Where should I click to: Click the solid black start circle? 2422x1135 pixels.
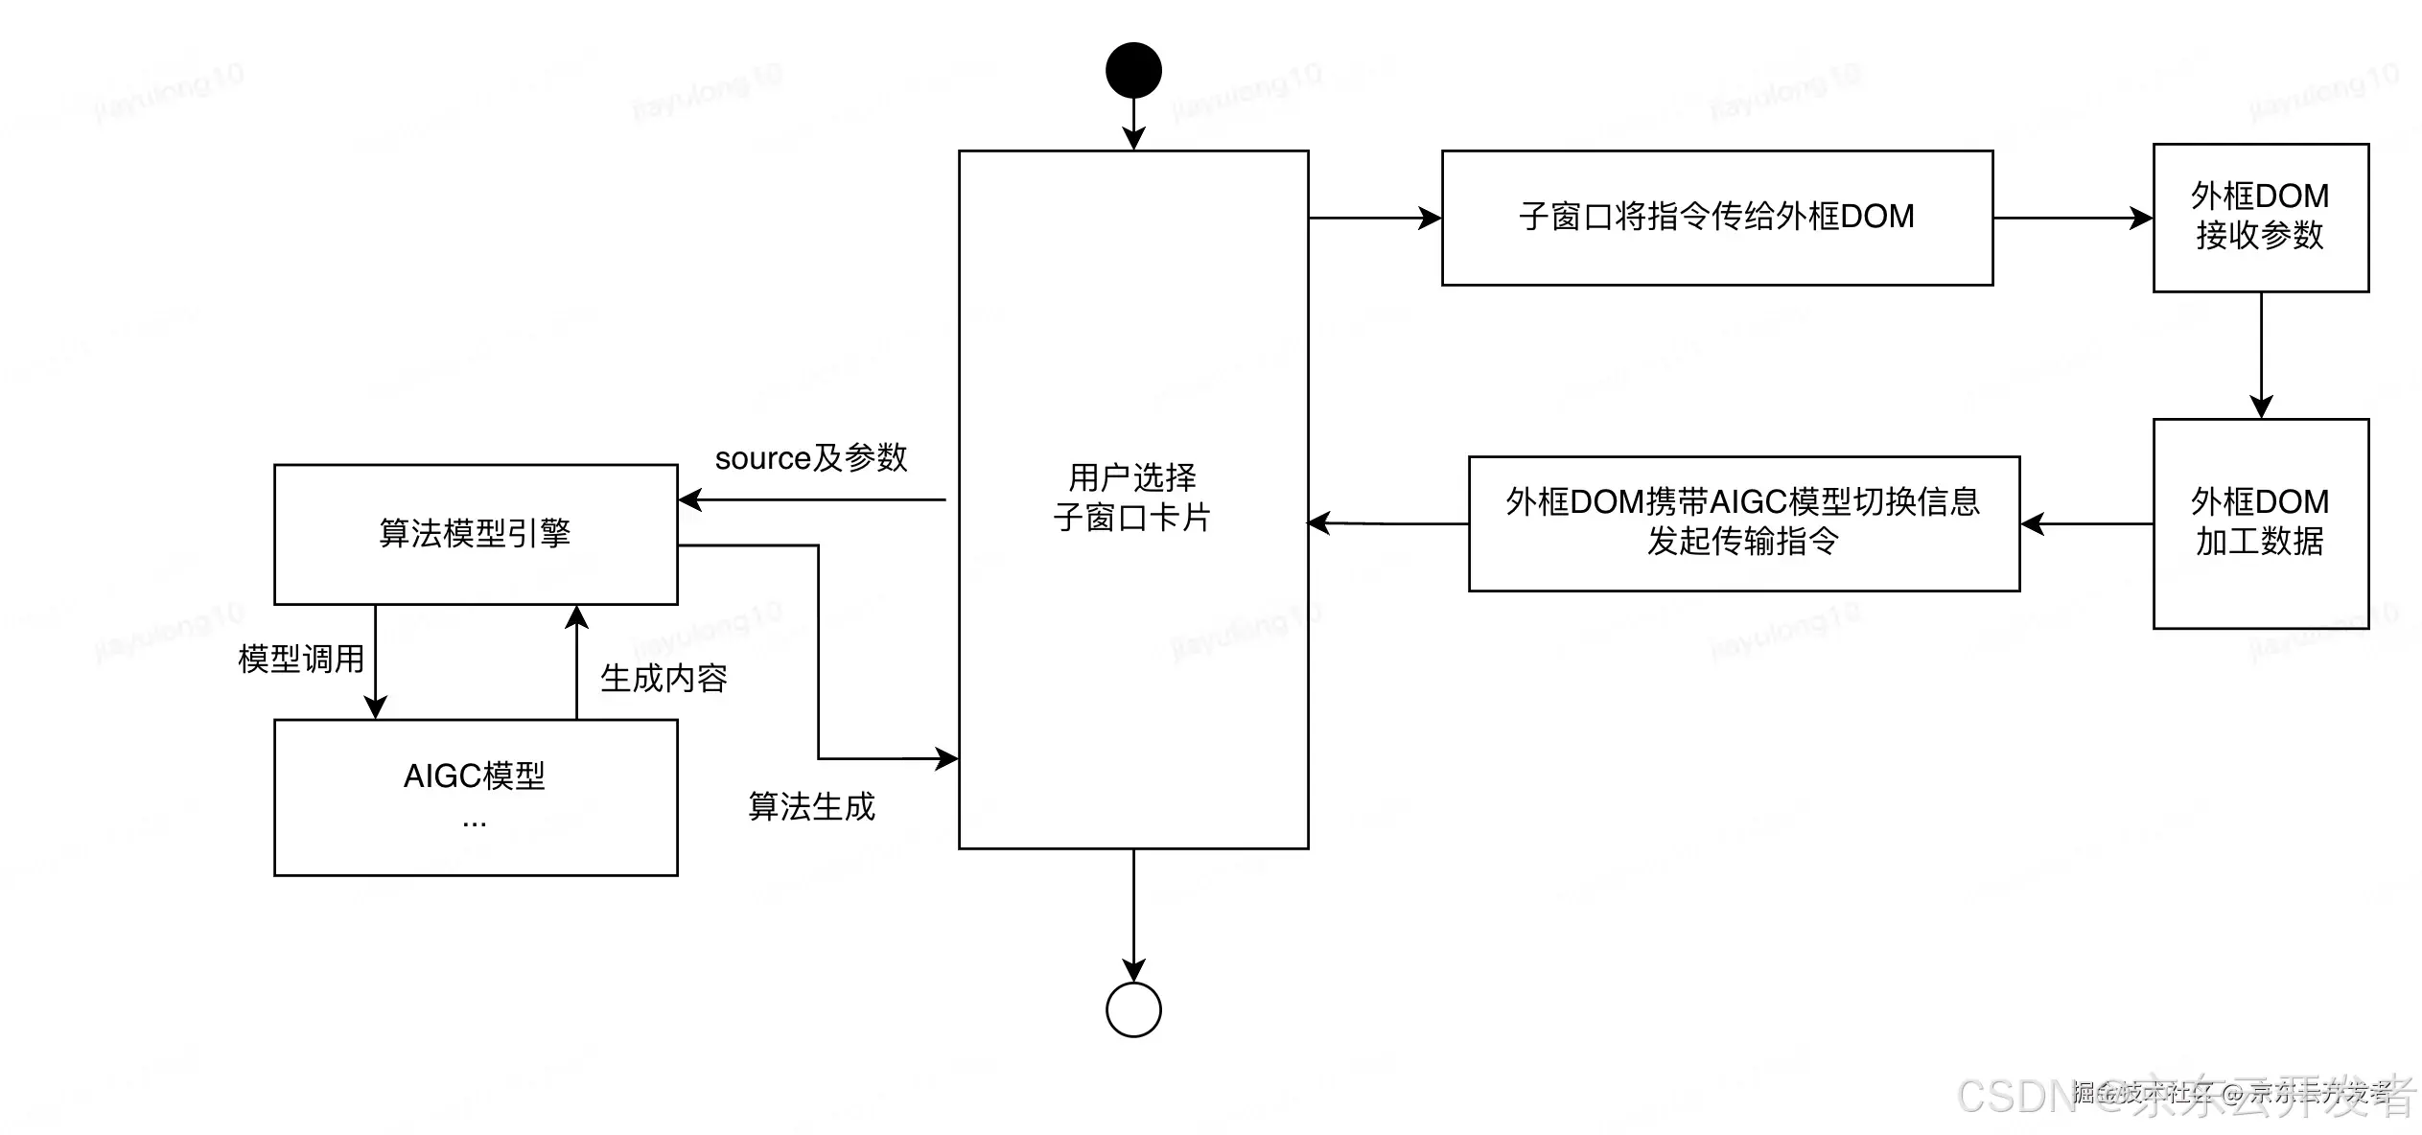tap(1133, 70)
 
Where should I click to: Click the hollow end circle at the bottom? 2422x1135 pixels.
tap(1133, 1009)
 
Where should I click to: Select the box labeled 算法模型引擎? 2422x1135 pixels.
tap(476, 534)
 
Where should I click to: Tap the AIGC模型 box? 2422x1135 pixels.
tap(476, 797)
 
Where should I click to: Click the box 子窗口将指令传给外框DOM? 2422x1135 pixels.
tap(1716, 218)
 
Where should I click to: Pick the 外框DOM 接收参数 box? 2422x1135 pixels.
tap(2260, 218)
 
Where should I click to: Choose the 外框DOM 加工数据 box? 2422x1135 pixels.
tap(2260, 523)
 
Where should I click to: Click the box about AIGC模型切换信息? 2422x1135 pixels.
tap(1743, 522)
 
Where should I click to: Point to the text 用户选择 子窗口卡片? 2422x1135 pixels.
tap(1132, 498)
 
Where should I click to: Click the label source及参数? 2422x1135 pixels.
tap(811, 458)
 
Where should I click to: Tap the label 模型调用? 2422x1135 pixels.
tap(301, 659)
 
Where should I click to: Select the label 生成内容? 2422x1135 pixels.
tap(664, 679)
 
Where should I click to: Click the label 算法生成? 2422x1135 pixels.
tap(811, 806)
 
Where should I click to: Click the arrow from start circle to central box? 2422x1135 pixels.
tap(1133, 123)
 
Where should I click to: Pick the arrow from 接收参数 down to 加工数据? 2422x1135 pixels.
tap(2261, 355)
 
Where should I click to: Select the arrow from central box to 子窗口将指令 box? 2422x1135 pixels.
tap(1375, 219)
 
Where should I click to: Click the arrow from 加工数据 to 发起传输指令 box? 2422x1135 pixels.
tap(2085, 523)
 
